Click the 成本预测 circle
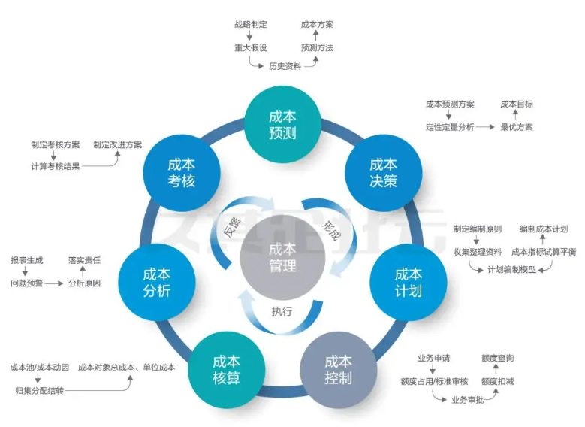[x=282, y=125]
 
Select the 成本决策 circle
[x=383, y=173]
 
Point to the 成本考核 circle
[x=182, y=173]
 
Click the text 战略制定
[x=250, y=25]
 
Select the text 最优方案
[x=517, y=127]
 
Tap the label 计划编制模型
[x=511, y=269]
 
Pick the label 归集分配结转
[x=39, y=390]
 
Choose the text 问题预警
[x=26, y=283]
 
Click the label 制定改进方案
[x=117, y=145]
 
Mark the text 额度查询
[x=497, y=358]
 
